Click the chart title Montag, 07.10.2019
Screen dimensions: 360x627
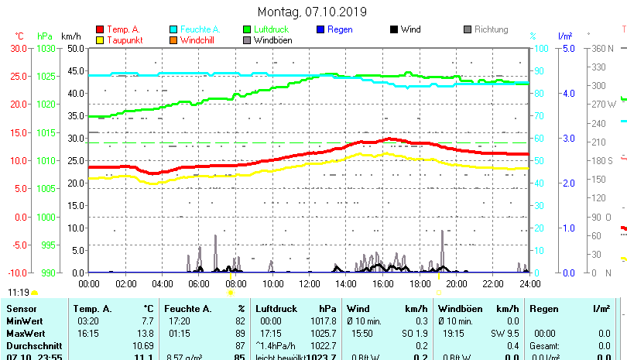(x=313, y=12)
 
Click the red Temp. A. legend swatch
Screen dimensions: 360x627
(x=99, y=29)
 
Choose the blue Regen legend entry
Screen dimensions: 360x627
(x=340, y=29)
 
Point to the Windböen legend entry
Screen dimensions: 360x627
(x=272, y=40)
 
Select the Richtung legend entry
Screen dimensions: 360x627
(x=491, y=29)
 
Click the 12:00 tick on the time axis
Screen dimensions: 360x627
(x=309, y=284)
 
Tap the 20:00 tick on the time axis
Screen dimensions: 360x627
(x=456, y=284)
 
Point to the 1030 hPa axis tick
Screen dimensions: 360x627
(x=46, y=48)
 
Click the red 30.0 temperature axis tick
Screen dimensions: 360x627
(x=18, y=48)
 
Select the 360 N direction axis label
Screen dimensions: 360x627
(x=602, y=48)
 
